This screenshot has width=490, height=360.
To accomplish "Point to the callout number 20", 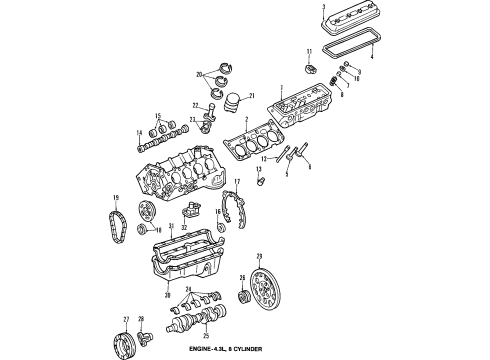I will [x=199, y=75].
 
